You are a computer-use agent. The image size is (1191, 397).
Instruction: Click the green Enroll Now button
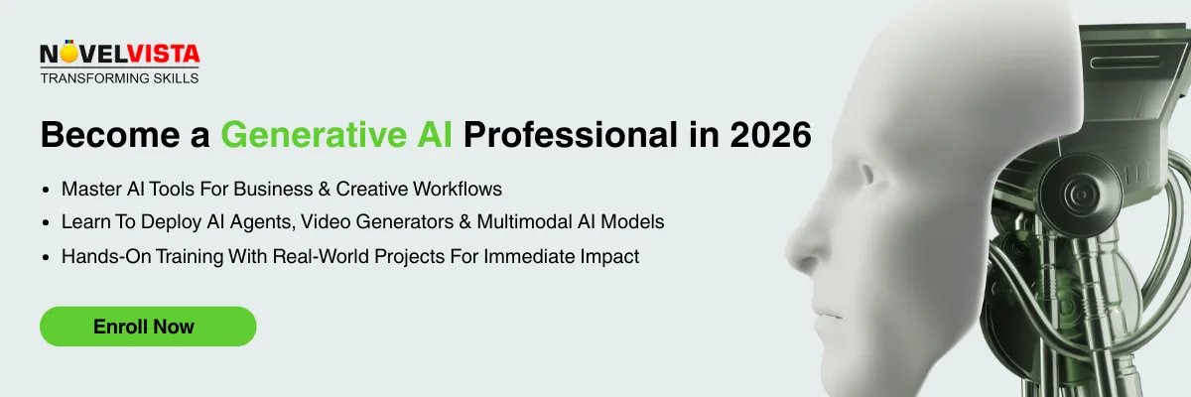(x=147, y=327)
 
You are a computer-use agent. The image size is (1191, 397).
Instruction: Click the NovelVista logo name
(x=119, y=56)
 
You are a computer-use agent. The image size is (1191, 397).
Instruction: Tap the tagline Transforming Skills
(x=119, y=78)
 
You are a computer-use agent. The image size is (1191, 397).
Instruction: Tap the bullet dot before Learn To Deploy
(x=46, y=223)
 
